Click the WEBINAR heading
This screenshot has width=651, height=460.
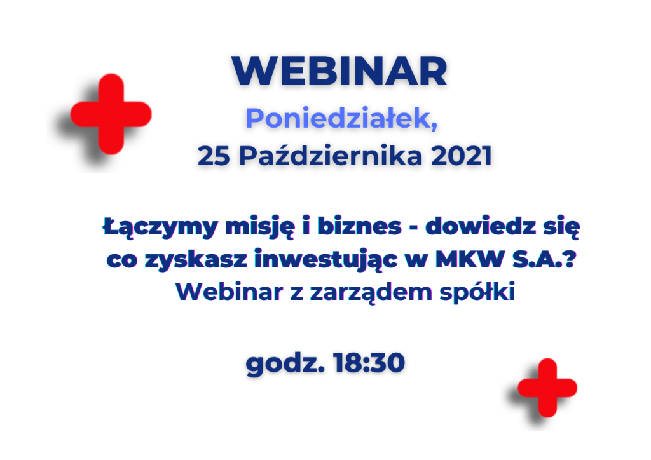click(339, 71)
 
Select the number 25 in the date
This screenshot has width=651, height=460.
click(214, 156)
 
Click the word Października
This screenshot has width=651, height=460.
click(331, 156)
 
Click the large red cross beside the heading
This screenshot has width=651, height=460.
click(111, 114)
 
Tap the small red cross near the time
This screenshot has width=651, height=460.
click(547, 388)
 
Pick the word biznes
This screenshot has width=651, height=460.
click(360, 226)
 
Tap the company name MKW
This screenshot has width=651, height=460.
click(470, 259)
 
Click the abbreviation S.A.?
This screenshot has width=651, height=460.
click(544, 259)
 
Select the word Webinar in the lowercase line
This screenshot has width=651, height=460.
click(230, 291)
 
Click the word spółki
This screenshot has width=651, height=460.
click(477, 292)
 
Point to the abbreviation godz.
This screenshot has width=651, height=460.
click(285, 364)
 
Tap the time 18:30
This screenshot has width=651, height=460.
click(369, 363)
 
